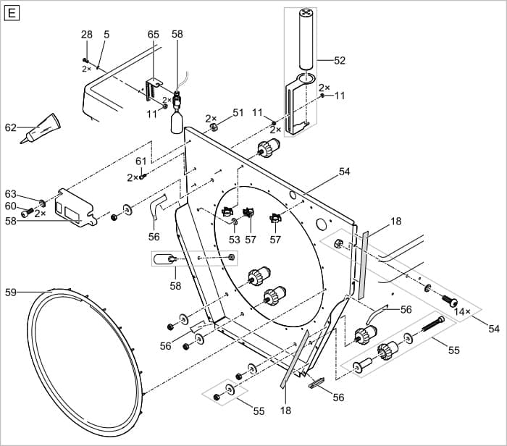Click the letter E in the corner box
tap(12, 12)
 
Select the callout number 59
tap(10, 293)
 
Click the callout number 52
tap(340, 61)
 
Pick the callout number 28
tap(87, 34)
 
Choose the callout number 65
tap(154, 34)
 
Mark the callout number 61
tap(141, 161)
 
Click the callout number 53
tap(234, 239)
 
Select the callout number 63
tap(10, 194)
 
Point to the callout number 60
tap(10, 206)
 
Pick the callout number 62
tap(10, 128)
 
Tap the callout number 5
tap(106, 34)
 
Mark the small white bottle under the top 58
tap(177, 124)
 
